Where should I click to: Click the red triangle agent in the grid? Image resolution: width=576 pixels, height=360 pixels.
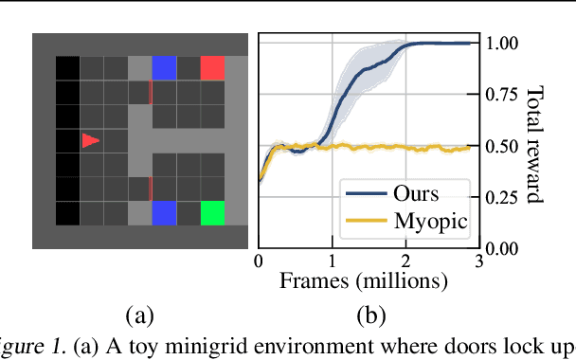tap(90, 140)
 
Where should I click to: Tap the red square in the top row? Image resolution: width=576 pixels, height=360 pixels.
tap(212, 68)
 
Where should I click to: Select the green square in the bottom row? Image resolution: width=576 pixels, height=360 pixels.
tap(212, 212)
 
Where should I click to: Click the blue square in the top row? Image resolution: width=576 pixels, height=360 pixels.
tap(164, 68)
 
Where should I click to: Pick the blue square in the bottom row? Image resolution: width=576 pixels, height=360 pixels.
tap(164, 212)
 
